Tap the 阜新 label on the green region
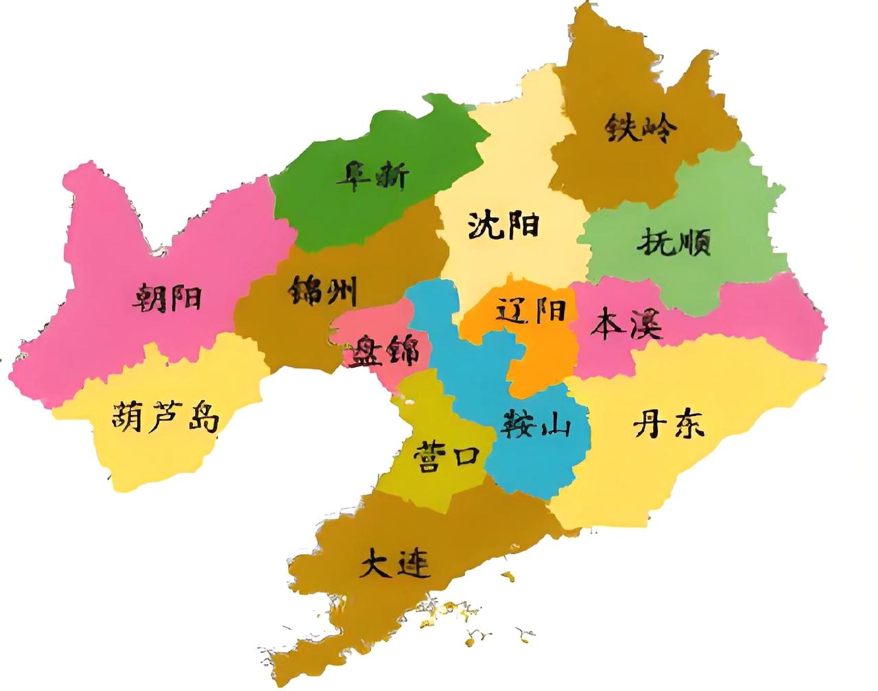tap(372, 176)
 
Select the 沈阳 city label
tap(503, 225)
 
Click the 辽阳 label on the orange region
tap(531, 311)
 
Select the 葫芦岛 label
tap(165, 416)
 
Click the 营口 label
tap(445, 454)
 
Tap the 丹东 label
tap(668, 425)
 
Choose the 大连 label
tap(395, 563)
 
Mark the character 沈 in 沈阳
tap(485, 225)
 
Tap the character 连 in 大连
tap(414, 564)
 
